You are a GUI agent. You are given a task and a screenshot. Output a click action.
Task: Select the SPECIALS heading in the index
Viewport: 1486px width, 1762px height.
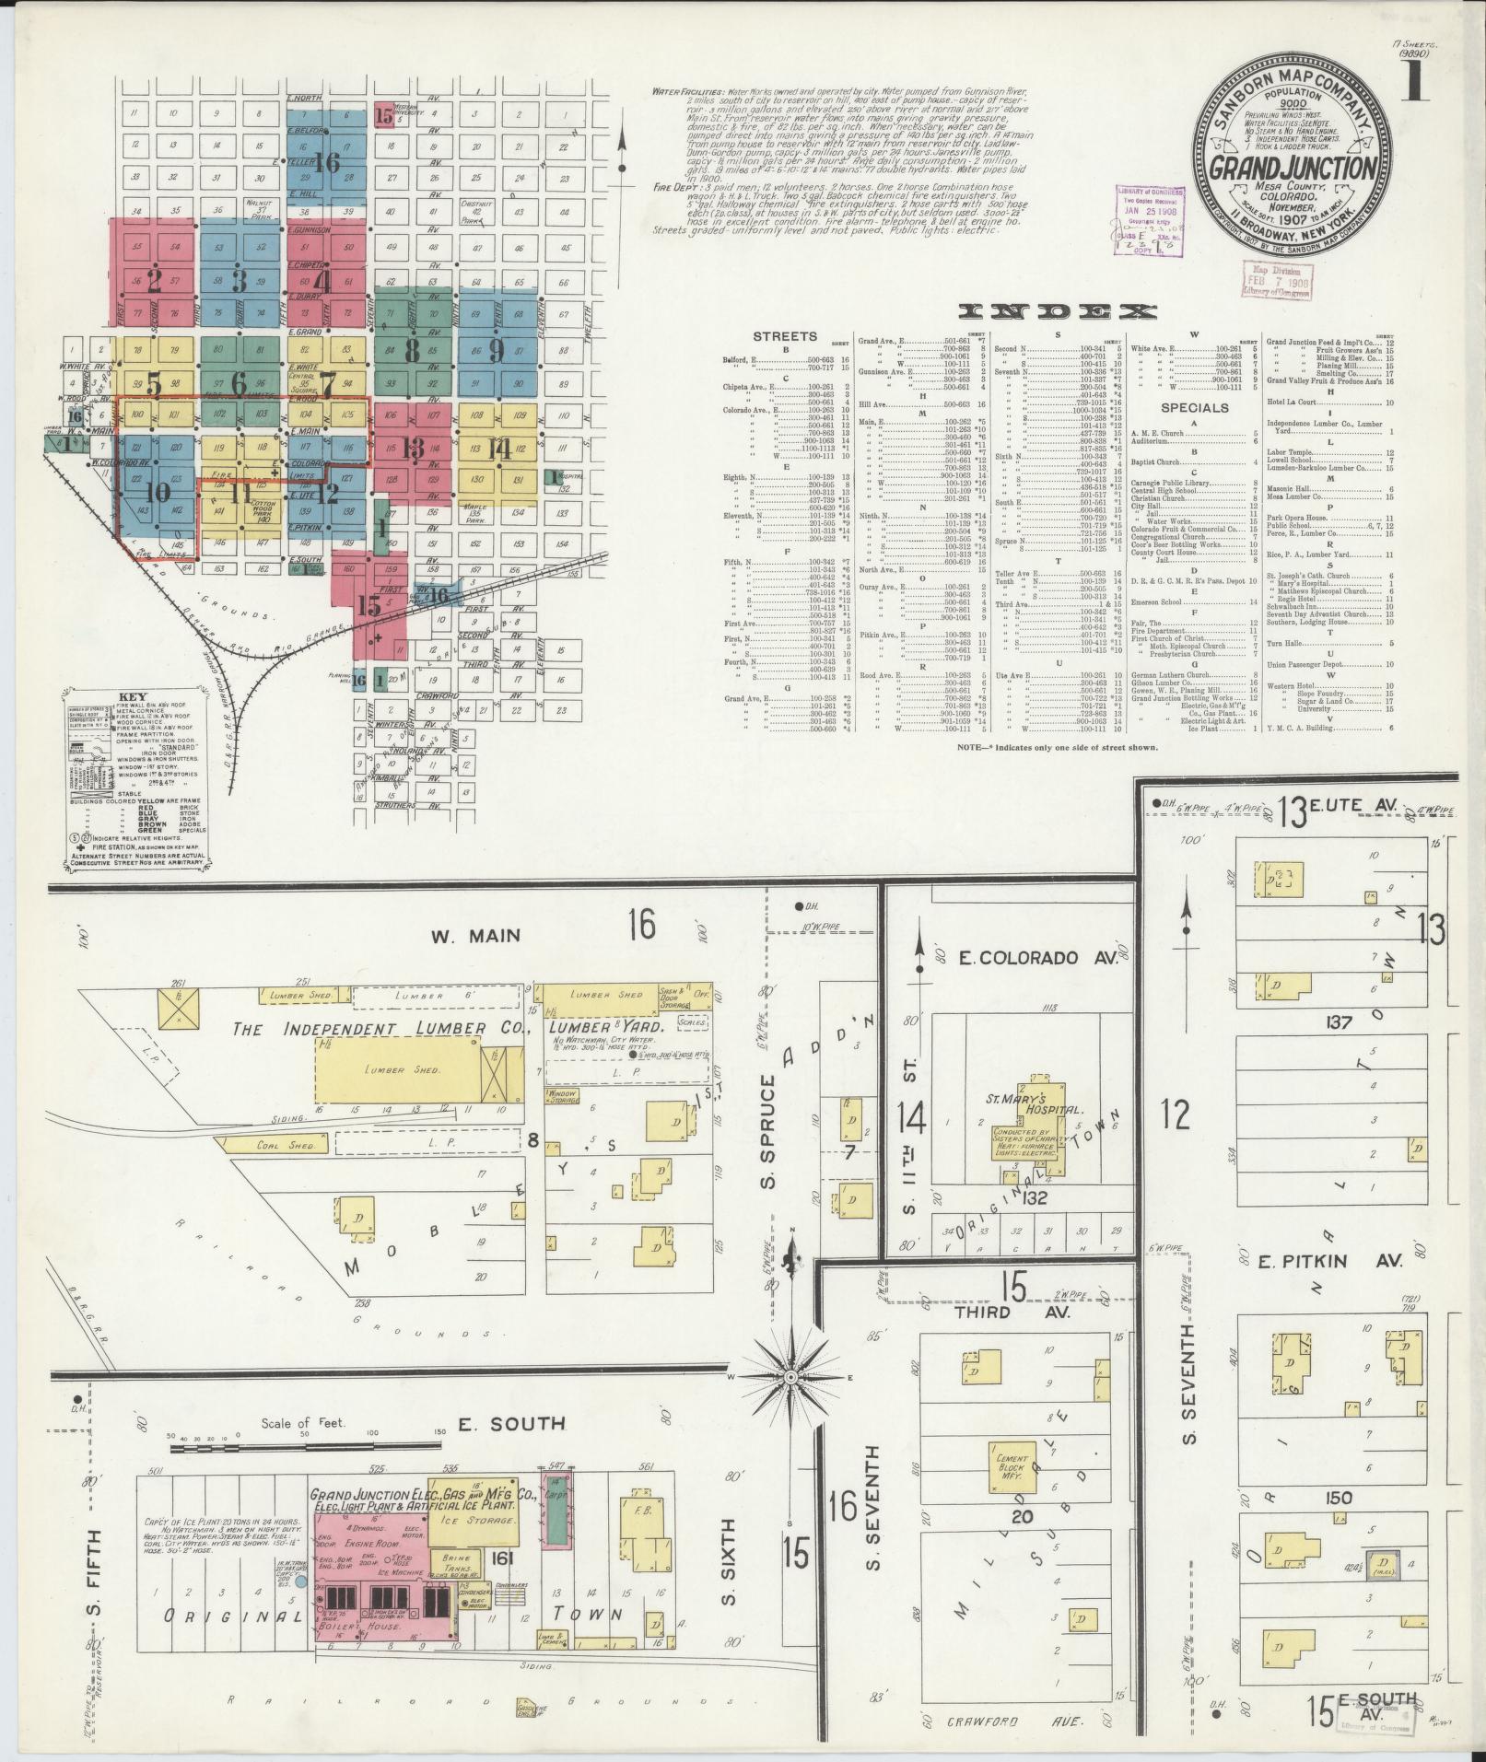click(1195, 407)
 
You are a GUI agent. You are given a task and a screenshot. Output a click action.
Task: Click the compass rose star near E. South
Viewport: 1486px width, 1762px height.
click(790, 1377)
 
